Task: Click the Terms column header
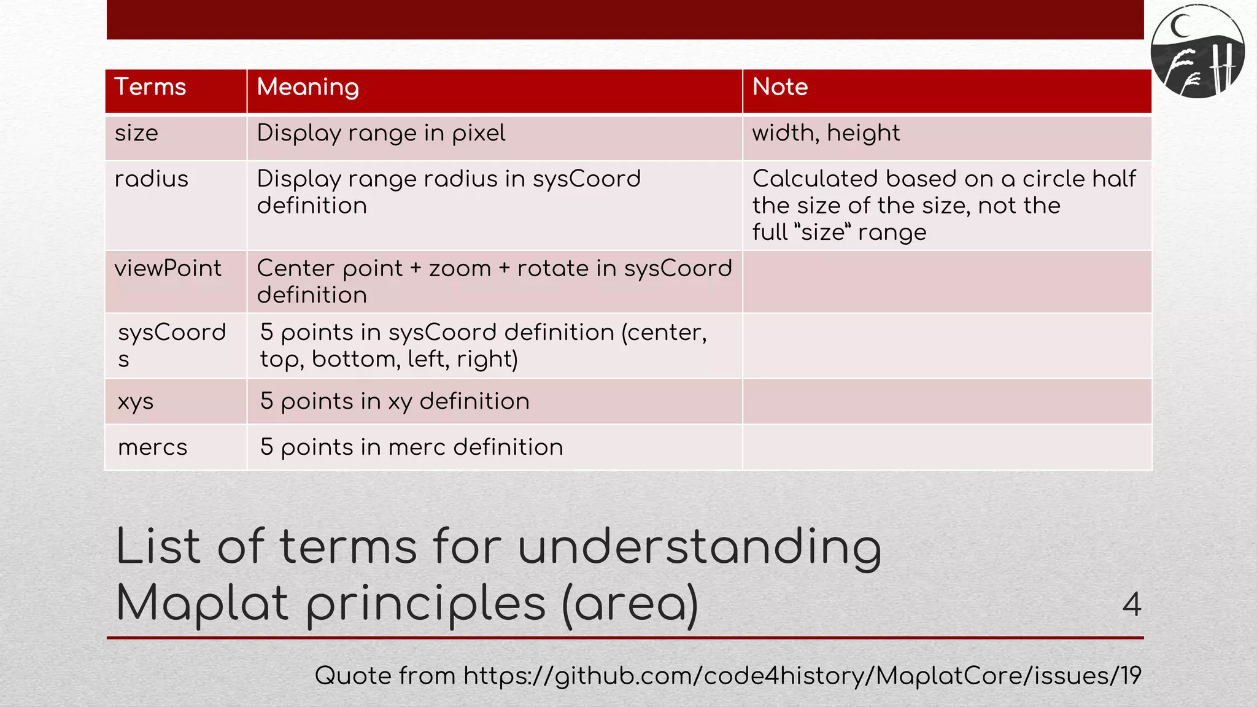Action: pyautogui.click(x=150, y=87)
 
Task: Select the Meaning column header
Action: pyautogui.click(x=307, y=87)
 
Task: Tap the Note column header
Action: pyautogui.click(x=780, y=87)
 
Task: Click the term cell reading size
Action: pyautogui.click(x=136, y=133)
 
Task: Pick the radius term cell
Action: pyautogui.click(x=151, y=179)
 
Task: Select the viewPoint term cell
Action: pyautogui.click(x=168, y=269)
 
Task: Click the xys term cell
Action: pyautogui.click(x=136, y=401)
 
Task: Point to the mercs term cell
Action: pyautogui.click(x=152, y=447)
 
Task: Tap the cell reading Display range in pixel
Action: pyautogui.click(x=381, y=133)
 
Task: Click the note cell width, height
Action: pyautogui.click(x=826, y=133)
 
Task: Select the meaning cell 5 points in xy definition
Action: pyautogui.click(x=395, y=401)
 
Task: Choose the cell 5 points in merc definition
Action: pyautogui.click(x=411, y=447)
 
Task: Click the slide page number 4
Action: pyautogui.click(x=1131, y=605)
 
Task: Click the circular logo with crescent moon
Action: pyautogui.click(x=1197, y=52)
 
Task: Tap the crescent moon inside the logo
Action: pyautogui.click(x=1179, y=26)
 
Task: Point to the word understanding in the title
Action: pyautogui.click(x=700, y=547)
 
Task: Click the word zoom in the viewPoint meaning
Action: pyautogui.click(x=460, y=269)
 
